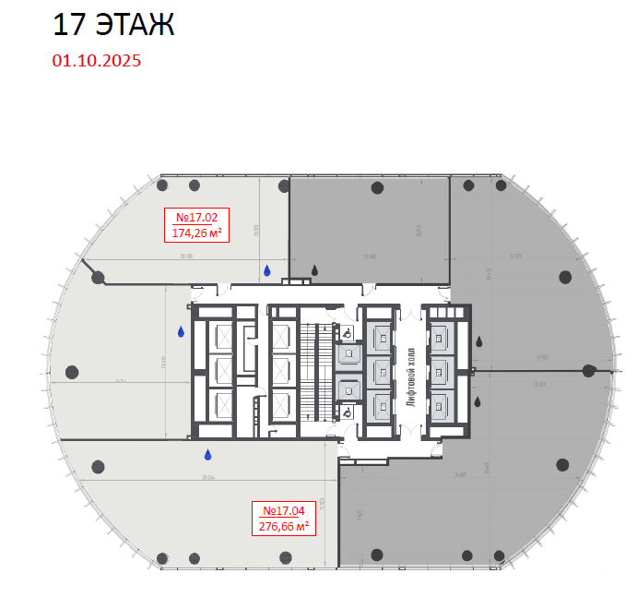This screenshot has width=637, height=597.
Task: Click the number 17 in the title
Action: pyautogui.click(x=70, y=25)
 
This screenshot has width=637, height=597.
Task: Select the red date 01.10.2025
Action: pyautogui.click(x=97, y=61)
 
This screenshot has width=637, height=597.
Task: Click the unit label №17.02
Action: pyautogui.click(x=196, y=218)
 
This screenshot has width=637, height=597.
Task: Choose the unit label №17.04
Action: pyautogui.click(x=283, y=510)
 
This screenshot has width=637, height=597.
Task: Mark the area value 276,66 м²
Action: pyautogui.click(x=283, y=526)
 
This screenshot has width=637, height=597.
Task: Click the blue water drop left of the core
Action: pyautogui.click(x=181, y=331)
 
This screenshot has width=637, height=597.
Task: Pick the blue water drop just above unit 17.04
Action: pyautogui.click(x=208, y=454)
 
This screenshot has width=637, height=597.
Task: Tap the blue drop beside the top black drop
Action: pyautogui.click(x=267, y=270)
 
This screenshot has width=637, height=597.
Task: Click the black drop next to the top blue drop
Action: pyautogui.click(x=315, y=270)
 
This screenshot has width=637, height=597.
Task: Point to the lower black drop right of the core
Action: pyautogui.click(x=478, y=401)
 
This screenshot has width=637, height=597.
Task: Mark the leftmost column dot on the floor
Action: pyautogui.click(x=71, y=372)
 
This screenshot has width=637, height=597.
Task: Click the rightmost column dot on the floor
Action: pyautogui.click(x=589, y=371)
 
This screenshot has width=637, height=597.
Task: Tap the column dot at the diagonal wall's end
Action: pyautogui.click(x=98, y=276)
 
